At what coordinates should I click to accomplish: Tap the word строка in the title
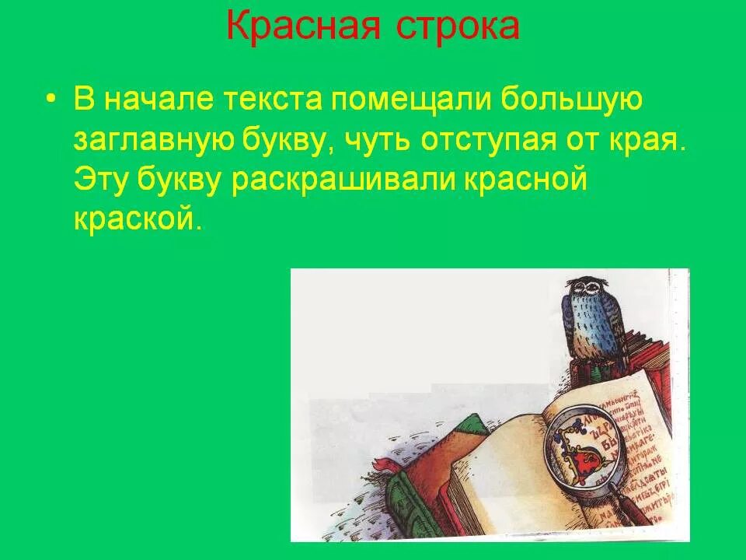pyautogui.click(x=458, y=26)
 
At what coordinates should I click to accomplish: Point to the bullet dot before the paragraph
pyautogui.click(x=51, y=100)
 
